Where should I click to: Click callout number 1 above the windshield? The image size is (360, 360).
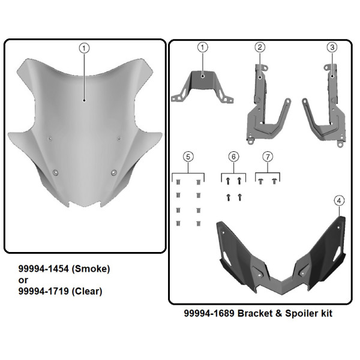point(84,47)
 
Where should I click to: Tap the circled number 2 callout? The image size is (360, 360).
point(260,47)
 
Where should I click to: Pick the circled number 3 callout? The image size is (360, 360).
point(331,47)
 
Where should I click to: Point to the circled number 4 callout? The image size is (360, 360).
point(339,200)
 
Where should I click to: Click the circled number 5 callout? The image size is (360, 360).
point(188,156)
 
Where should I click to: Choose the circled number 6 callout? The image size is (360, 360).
point(233,156)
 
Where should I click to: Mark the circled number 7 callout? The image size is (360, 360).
point(268,156)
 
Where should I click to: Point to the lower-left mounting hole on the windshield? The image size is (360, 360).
point(56,172)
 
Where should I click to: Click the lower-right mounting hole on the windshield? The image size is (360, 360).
point(113,173)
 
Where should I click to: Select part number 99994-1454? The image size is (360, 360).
point(40,269)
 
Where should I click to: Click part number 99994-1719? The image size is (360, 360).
point(40,292)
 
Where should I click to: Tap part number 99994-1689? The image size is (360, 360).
point(206,313)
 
